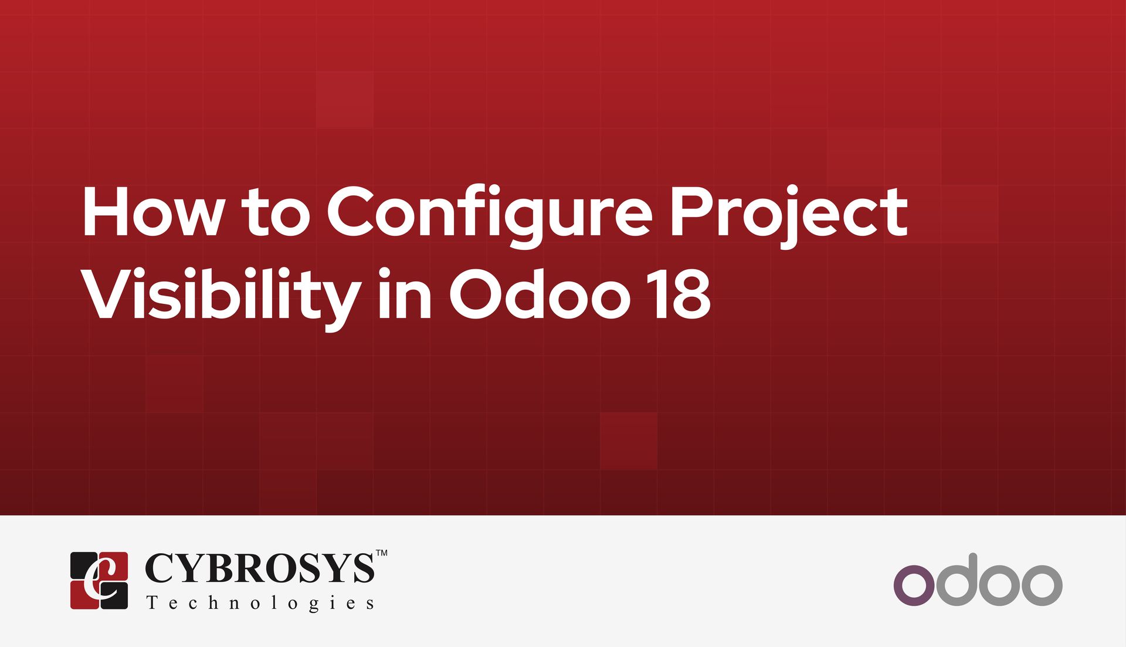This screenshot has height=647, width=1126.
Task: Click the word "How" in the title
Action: click(x=153, y=212)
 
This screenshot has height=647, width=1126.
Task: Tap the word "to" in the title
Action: click(x=275, y=212)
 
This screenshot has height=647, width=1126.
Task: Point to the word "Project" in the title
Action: click(x=788, y=215)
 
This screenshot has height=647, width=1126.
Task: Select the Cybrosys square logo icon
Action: click(x=99, y=580)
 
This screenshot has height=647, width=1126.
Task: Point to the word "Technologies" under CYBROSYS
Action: click(x=260, y=603)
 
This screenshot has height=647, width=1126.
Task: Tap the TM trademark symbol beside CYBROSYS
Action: click(x=381, y=553)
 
